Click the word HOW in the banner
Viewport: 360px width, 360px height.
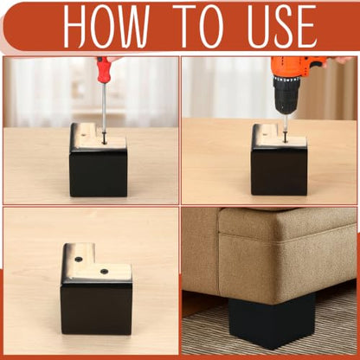106,27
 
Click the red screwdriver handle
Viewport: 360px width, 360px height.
103,69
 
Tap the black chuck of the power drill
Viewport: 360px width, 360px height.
286,93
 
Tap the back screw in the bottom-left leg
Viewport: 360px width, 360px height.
78,259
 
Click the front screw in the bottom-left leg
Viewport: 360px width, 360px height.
104,271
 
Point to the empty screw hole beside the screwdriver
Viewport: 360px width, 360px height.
83,134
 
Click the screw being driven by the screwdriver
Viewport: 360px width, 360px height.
104,140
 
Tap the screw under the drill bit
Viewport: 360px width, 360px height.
285,138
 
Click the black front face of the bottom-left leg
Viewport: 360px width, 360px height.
97,309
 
